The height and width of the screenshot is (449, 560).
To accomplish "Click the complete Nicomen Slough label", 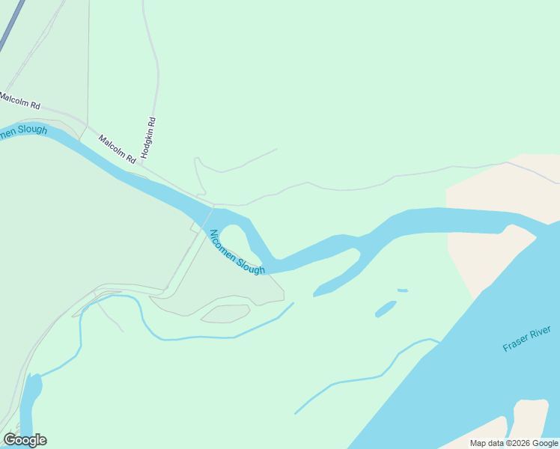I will [x=237, y=252].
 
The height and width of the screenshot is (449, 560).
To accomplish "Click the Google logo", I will [x=25, y=440].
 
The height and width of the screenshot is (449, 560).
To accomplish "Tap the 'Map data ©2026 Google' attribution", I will [x=514, y=443].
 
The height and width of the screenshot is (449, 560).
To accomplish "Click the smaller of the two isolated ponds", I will [x=403, y=290].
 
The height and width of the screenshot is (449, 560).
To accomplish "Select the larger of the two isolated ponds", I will [x=385, y=308].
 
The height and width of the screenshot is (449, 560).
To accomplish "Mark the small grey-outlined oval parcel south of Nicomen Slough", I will [x=225, y=314].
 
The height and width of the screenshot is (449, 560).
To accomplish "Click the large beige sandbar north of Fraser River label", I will [x=487, y=247].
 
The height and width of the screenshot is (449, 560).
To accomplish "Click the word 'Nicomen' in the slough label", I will [x=224, y=243].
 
